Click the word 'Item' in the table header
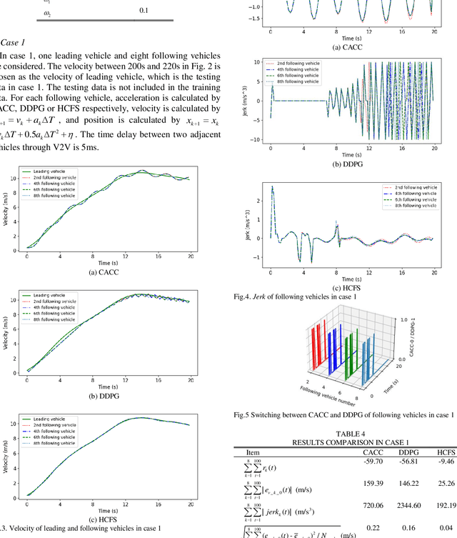point(253,452)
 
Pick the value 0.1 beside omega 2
point(144,11)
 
